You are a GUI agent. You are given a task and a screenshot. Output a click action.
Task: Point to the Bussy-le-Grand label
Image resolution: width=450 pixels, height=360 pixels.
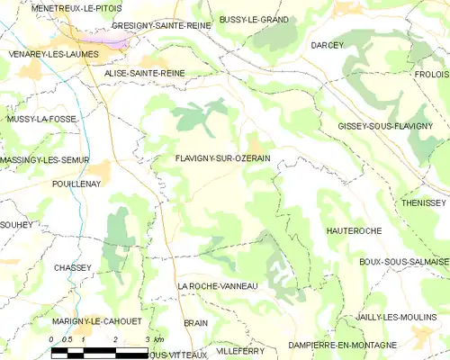tap(254, 18)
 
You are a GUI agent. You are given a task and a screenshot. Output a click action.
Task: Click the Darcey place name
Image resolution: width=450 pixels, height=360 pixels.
tap(328, 45)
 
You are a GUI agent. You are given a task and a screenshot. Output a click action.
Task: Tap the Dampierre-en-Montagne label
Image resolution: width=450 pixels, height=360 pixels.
tap(342, 345)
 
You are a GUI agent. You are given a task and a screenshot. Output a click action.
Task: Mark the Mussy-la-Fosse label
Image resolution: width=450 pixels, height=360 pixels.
tap(41, 119)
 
